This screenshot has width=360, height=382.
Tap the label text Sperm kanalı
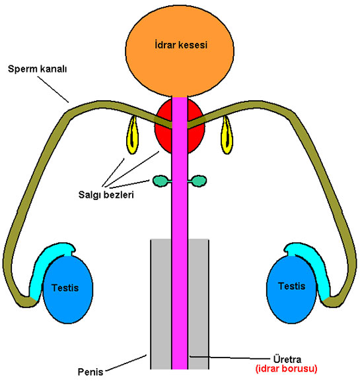click(37, 69)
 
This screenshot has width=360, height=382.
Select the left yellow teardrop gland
click(132, 135)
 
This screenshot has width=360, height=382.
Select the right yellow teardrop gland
click(227, 135)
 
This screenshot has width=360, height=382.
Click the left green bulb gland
click(161, 181)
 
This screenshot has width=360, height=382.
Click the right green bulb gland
click(199, 181)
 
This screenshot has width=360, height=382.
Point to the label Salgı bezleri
click(106, 195)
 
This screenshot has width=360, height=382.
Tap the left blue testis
click(68, 290)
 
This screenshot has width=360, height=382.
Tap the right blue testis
click(291, 290)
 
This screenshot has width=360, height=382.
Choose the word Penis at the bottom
click(90, 372)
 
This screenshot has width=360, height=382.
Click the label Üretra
click(287, 360)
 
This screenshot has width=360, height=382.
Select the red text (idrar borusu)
click(286, 369)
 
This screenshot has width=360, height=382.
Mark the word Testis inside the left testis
click(65, 288)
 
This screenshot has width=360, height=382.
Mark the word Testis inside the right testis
click(292, 286)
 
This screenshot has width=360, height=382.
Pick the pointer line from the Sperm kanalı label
click(53, 90)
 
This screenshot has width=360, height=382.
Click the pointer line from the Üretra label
click(230, 358)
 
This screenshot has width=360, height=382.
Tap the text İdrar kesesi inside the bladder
click(181, 45)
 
